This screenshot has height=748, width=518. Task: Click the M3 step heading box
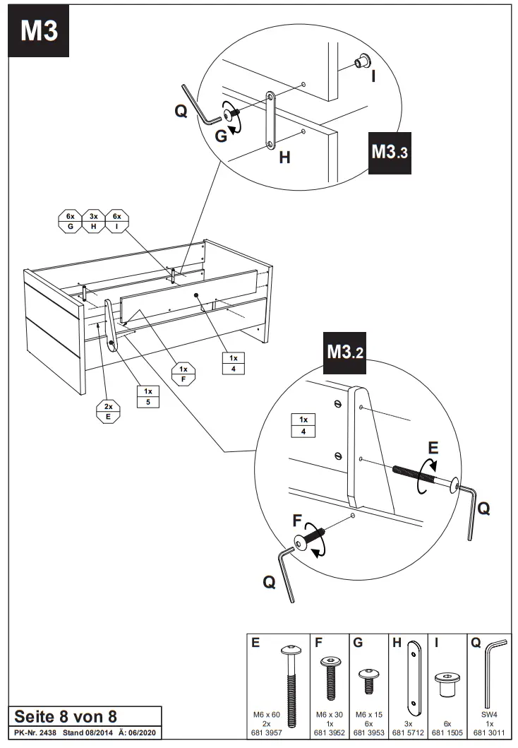[x=39, y=31]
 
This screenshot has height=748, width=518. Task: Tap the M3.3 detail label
[x=390, y=151]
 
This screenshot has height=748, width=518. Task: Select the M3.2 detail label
[x=345, y=351]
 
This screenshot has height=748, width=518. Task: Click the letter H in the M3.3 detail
[x=284, y=158]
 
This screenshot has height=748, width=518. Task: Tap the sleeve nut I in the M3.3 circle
[x=362, y=62]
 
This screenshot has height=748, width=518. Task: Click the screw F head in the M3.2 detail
[x=303, y=542]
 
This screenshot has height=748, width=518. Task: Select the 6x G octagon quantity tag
[x=71, y=221]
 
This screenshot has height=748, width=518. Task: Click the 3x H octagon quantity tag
[x=94, y=221]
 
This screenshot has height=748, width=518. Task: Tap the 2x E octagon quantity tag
[x=109, y=411]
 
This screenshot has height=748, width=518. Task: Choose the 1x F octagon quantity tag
[x=183, y=374]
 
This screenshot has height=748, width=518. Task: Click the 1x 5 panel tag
[x=148, y=396]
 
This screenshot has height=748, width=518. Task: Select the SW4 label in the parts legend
[x=489, y=715]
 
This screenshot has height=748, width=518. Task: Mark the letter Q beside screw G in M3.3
[x=182, y=111]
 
